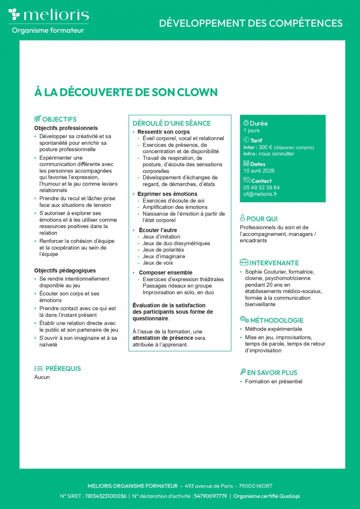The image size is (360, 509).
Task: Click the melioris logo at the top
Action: pos(48,15)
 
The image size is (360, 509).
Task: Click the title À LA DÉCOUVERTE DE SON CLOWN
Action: pos(126,92)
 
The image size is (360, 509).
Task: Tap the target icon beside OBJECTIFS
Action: pos(37,119)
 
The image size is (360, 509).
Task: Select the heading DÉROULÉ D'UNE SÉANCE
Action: pos(171,123)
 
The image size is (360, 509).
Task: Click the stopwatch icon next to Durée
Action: pos(246,123)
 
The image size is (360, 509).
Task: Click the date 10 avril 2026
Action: pos(259,171)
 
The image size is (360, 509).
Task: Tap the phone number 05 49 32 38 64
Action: pos(261,188)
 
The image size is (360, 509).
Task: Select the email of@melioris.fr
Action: pos(260,194)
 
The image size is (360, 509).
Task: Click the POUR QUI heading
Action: pos(262,219)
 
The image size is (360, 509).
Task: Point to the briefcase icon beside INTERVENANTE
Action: pos(244,262)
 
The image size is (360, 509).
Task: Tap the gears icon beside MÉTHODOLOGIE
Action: pos(244,320)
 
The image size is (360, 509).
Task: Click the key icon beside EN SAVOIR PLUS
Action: pos(243,372)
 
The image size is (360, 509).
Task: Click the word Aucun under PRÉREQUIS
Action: pos(42,377)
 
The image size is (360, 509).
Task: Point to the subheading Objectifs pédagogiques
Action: pos(65,270)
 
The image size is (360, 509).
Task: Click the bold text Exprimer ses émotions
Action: pos(167,194)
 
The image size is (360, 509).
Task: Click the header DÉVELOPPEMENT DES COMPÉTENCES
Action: pos(251,23)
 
